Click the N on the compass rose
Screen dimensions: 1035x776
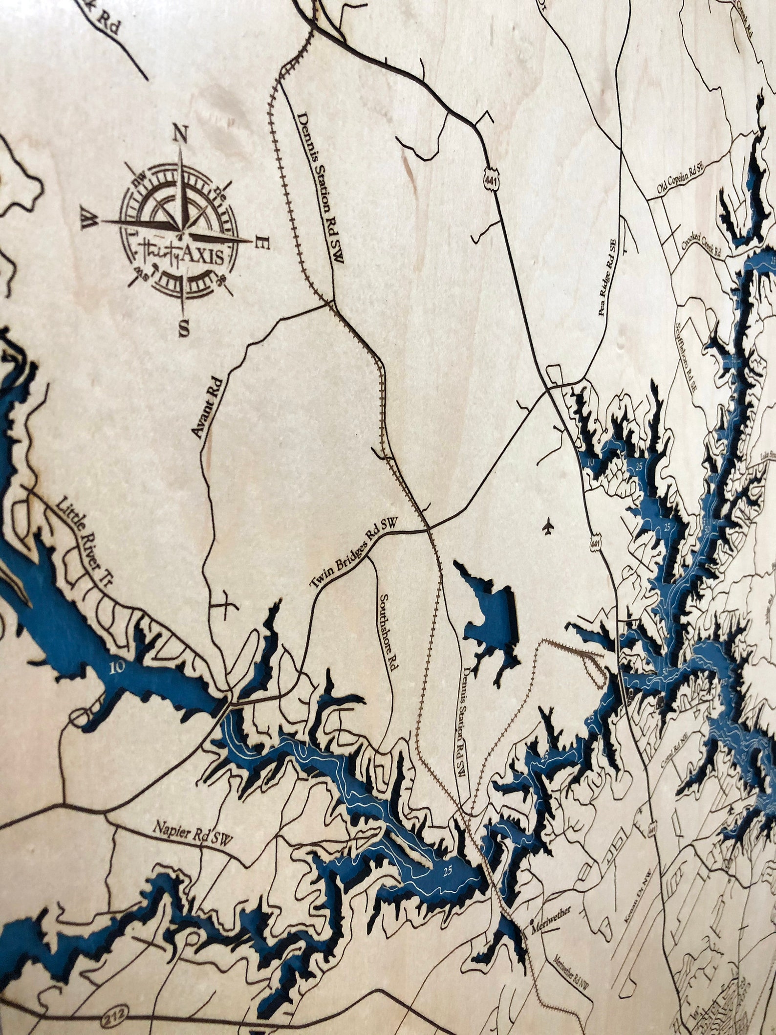pos(182,134)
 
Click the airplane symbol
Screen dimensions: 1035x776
pos(548,527)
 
